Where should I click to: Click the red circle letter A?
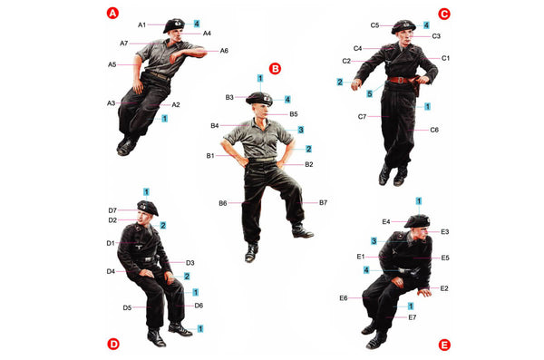[112, 14]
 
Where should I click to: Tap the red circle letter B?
[275, 68]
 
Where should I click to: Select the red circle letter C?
[444, 14]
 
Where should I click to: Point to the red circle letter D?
[113, 344]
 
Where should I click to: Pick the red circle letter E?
[444, 345]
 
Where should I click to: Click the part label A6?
[224, 51]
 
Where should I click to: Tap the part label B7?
[323, 202]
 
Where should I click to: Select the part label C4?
[358, 48]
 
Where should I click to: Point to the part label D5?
[127, 307]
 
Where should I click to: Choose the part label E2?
[444, 288]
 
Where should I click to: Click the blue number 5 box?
[370, 93]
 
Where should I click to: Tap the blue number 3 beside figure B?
[301, 130]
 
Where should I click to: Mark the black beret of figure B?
[259, 99]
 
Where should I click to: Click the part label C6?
[434, 130]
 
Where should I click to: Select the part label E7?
[413, 317]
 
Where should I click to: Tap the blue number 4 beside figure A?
[197, 24]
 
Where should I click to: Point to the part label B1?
[210, 156]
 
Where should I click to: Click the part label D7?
[112, 210]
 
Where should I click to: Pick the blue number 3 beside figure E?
[374, 241]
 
